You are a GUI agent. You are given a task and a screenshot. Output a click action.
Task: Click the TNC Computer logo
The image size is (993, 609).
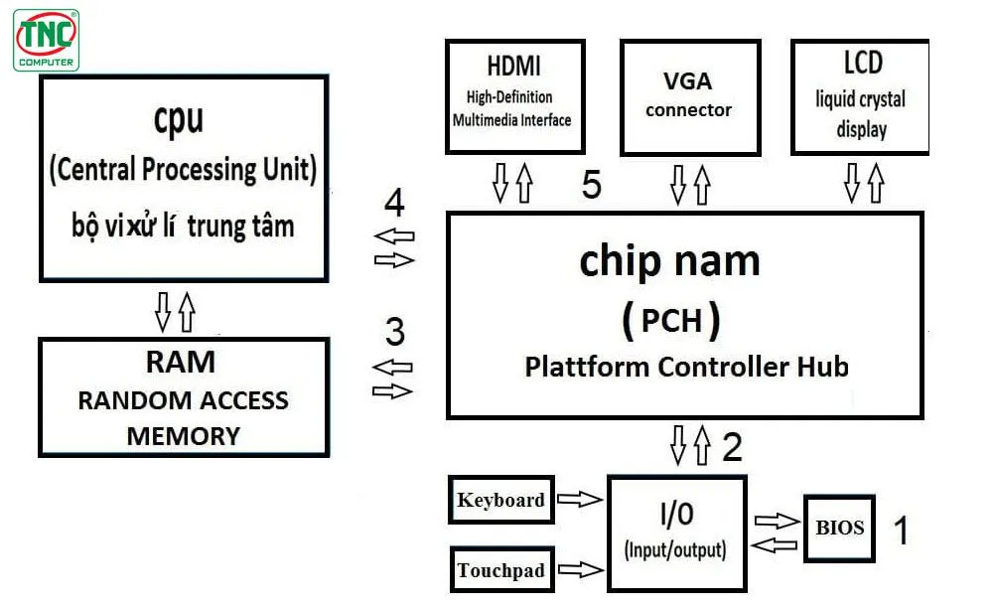(x=46, y=40)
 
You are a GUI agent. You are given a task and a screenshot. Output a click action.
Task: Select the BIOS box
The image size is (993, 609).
(x=839, y=528)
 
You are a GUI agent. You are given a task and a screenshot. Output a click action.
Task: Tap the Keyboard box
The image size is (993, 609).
(x=500, y=500)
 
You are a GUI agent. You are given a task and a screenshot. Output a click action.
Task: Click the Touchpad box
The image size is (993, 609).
(x=500, y=570)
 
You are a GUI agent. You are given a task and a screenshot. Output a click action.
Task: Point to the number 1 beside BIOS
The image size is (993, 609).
(x=902, y=531)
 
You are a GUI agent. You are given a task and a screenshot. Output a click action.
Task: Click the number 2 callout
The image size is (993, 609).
(x=732, y=448)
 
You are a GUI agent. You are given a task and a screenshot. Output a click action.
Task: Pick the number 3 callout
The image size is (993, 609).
(x=394, y=331)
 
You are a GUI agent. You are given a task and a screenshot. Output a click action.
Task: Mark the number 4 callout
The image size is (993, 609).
(x=394, y=204)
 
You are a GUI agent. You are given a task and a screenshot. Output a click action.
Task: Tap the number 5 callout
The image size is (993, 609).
(x=592, y=186)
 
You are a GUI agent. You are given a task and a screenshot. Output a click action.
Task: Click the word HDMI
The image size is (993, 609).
(x=513, y=67)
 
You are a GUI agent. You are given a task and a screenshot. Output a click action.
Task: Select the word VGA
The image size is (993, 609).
(x=688, y=80)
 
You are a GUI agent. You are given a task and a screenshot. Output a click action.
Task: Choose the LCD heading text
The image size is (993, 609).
(x=861, y=64)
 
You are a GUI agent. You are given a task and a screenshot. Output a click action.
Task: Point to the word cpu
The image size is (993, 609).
(x=179, y=118)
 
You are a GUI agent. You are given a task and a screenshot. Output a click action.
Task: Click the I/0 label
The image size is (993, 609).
(x=675, y=514)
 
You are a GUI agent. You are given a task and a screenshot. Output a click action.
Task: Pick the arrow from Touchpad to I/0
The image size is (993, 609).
(x=581, y=569)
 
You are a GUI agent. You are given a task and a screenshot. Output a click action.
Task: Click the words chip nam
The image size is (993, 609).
(x=669, y=260)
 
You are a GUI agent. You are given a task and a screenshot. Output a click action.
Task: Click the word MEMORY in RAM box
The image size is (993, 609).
(x=183, y=436)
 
